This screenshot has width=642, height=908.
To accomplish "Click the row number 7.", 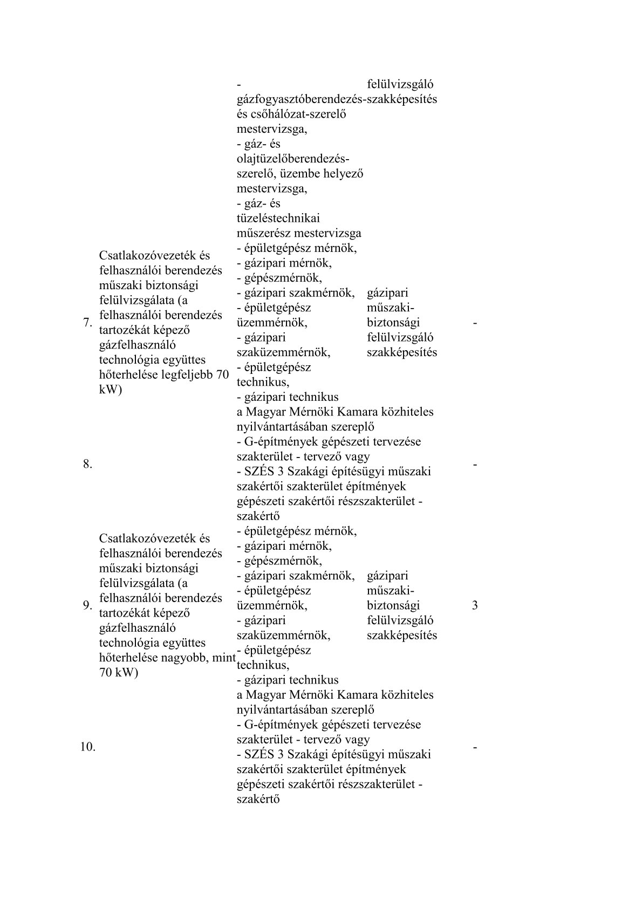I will point(86,323).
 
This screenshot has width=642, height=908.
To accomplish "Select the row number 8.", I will point(88,464).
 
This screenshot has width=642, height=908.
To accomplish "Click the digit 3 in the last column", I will point(475,605).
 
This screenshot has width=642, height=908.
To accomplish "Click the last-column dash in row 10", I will point(475,747).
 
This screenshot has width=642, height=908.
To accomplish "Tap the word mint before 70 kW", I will point(226,658).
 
